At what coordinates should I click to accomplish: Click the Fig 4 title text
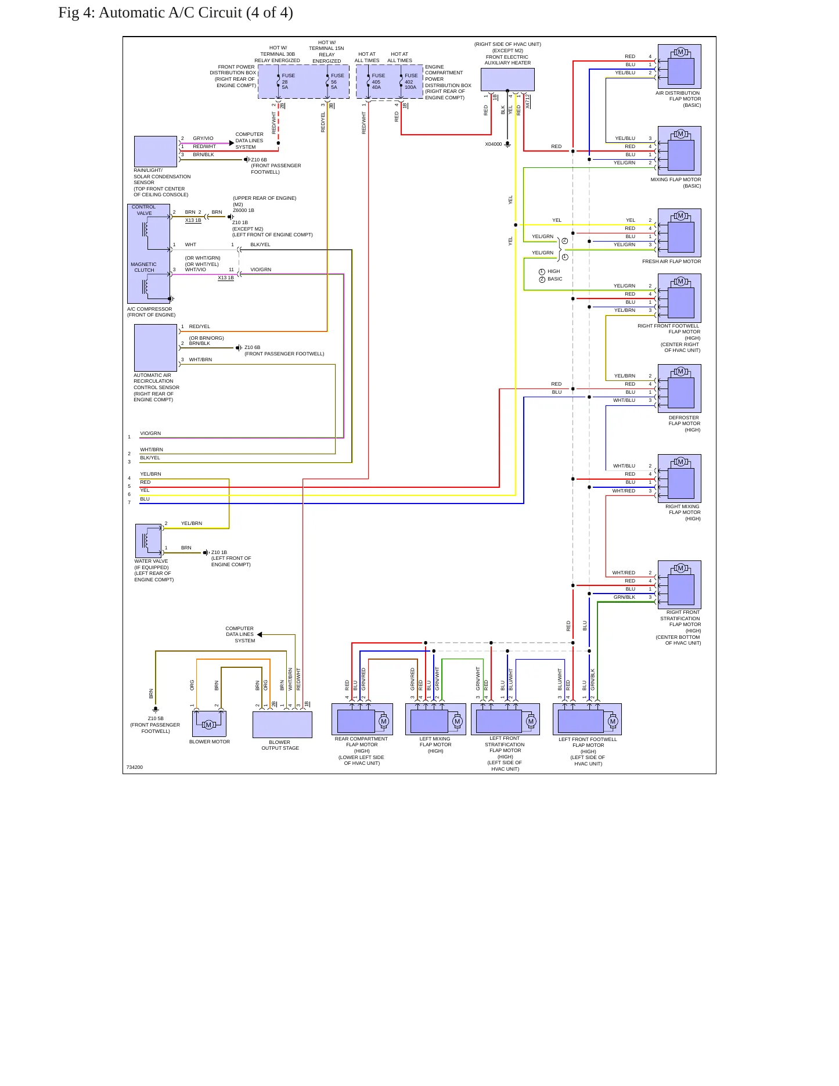click(175, 13)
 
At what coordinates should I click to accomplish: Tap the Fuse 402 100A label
click(411, 81)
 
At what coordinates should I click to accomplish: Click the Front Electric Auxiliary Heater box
click(507, 80)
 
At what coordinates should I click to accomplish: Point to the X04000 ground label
click(494, 144)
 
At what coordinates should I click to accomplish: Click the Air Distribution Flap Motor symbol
click(679, 66)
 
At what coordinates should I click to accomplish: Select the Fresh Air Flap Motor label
click(671, 261)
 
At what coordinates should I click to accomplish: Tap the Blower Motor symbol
click(209, 724)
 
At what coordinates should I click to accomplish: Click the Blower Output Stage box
click(282, 724)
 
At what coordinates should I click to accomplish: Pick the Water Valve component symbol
click(149, 541)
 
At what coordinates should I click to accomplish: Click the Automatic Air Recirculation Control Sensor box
click(156, 347)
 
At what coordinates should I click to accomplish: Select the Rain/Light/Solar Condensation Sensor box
click(156, 152)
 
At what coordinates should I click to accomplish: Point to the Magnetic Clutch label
click(144, 267)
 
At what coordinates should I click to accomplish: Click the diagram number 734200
click(135, 767)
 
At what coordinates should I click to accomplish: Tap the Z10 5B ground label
click(156, 718)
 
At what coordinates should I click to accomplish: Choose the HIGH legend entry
click(550, 271)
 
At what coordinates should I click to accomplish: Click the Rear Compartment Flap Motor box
click(362, 719)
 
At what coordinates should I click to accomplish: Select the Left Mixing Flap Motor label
click(435, 745)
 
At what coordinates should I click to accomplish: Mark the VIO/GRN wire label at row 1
click(150, 433)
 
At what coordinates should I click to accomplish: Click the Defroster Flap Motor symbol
click(679, 389)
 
